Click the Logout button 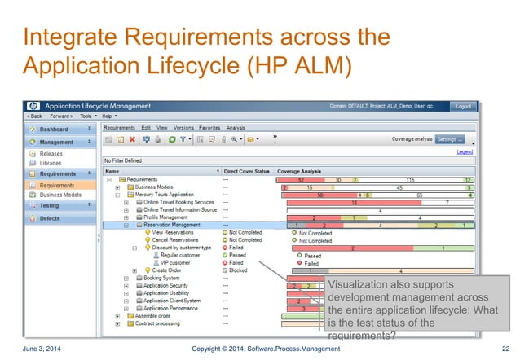point(463,107)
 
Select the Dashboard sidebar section point(53,129)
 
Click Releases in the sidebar point(51,153)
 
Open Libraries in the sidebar point(51,162)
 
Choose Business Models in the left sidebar point(60,195)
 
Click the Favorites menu point(209,128)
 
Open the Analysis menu point(236,128)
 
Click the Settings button point(449,139)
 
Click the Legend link point(465,151)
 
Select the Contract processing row point(159,324)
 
